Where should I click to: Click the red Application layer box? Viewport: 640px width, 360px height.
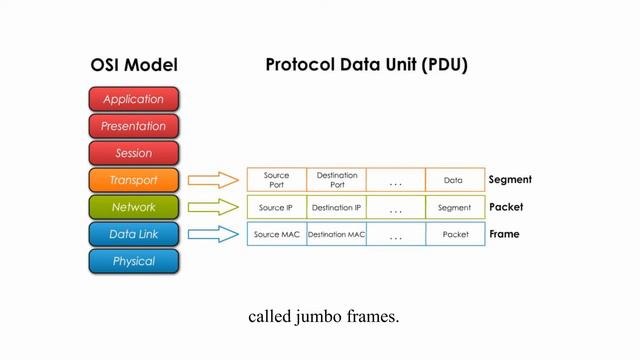[x=133, y=99]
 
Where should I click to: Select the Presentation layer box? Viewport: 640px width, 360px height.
[x=133, y=126]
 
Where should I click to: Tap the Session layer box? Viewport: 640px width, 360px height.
[x=133, y=153]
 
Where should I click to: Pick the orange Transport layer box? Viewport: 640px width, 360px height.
[x=133, y=180]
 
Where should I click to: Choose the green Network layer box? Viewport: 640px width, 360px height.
[x=133, y=207]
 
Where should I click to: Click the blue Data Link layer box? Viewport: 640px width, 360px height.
[x=133, y=234]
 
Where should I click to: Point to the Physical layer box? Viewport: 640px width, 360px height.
[x=133, y=261]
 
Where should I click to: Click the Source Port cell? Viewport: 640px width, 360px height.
[x=276, y=180]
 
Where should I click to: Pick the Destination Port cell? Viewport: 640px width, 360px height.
[x=336, y=180]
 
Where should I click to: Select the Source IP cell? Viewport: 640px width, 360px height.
[x=276, y=208]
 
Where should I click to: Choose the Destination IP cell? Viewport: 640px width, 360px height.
[x=336, y=208]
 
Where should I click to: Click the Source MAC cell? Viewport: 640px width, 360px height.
[x=276, y=234]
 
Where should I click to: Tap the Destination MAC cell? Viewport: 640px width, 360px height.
[x=336, y=234]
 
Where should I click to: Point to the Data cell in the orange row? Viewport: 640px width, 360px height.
[x=454, y=180]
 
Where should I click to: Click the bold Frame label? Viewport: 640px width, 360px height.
[x=505, y=234]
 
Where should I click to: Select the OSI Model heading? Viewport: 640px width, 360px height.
[x=134, y=66]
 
